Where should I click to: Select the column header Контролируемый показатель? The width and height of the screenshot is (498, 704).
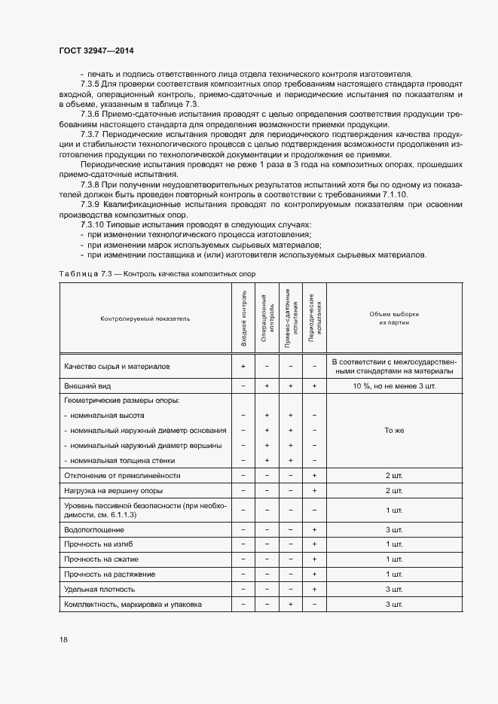click(145, 318)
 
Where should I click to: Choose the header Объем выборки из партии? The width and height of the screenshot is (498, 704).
click(394, 318)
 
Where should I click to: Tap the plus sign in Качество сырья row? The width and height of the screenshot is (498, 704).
click(243, 366)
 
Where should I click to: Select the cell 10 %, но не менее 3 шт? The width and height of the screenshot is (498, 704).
click(394, 386)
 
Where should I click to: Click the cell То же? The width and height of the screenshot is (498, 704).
click(394, 431)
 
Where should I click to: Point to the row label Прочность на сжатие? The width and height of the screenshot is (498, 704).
click(102, 559)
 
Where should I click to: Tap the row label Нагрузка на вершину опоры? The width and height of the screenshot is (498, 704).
click(110, 490)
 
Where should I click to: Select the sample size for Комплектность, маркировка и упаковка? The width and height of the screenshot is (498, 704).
click(394, 605)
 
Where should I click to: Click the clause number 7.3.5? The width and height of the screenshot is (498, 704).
click(93, 84)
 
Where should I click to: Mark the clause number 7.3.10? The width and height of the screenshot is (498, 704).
click(95, 225)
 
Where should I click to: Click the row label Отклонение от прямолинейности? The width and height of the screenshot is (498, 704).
click(123, 475)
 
